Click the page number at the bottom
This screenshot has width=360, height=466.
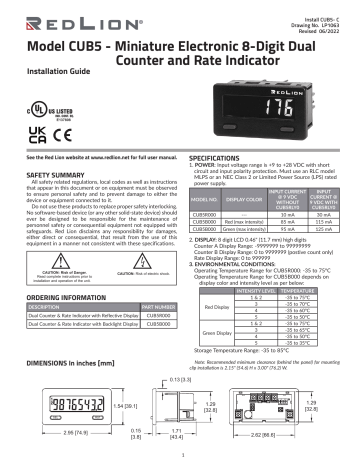(180, 457)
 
